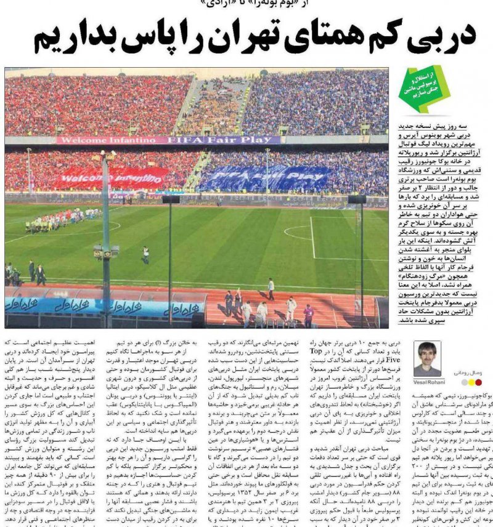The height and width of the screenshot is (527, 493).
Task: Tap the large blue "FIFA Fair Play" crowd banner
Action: (x=265, y=178)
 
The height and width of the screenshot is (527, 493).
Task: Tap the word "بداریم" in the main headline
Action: (x=77, y=37)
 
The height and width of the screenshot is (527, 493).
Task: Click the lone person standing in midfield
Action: (x=145, y=254)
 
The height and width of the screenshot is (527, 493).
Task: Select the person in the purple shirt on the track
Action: (x=309, y=315)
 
